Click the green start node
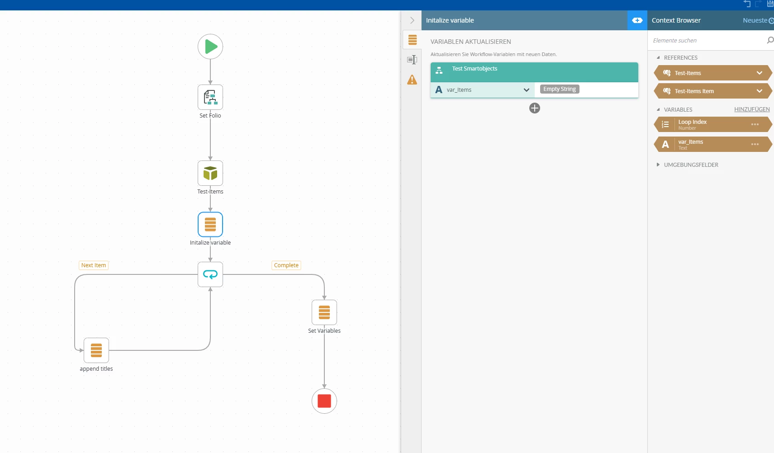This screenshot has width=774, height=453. click(x=210, y=47)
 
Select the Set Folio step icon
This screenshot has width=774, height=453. click(x=210, y=97)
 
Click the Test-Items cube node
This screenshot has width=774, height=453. click(x=210, y=173)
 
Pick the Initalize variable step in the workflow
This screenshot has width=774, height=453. click(x=210, y=224)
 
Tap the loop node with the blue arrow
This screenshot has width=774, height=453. click(x=210, y=274)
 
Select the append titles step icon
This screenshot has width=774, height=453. click(x=96, y=350)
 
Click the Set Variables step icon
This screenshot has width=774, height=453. click(x=324, y=312)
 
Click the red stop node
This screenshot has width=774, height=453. click(x=324, y=401)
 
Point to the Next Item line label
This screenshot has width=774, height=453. click(x=94, y=265)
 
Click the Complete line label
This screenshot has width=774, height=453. click(x=286, y=265)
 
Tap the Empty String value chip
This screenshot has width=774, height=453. click(x=560, y=89)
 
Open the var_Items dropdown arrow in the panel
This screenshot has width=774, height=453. click(x=526, y=90)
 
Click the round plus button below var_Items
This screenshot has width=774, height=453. click(x=535, y=108)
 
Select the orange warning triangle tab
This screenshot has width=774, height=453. click(x=412, y=80)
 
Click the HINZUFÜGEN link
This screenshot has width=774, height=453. click(x=752, y=109)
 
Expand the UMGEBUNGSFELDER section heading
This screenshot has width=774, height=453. click(x=691, y=165)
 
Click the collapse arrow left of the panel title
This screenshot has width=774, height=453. click(x=412, y=20)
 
